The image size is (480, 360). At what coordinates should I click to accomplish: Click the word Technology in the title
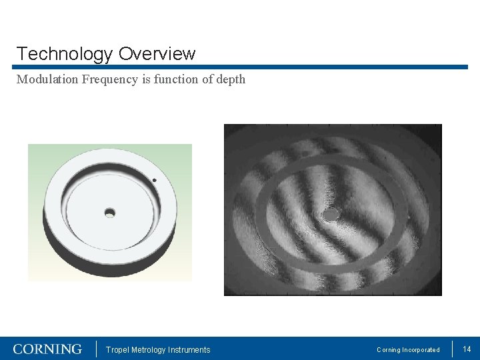tap(65, 54)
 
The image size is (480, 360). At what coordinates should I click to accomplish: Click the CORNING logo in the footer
tap(47, 349)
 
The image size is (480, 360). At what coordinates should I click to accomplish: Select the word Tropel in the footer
tap(117, 350)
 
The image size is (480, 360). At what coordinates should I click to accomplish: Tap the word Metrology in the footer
tap(150, 350)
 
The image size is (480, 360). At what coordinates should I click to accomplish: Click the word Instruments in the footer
tap(189, 350)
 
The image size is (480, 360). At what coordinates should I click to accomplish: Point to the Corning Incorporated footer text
tap(408, 350)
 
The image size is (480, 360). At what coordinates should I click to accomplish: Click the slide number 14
tap(467, 349)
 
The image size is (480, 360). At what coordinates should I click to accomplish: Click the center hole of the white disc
tap(110, 213)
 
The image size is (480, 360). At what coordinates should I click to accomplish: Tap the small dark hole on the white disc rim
tap(155, 180)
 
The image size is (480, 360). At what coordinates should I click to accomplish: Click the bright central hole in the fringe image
tap(329, 215)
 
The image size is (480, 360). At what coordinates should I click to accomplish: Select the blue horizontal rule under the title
tap(240, 67)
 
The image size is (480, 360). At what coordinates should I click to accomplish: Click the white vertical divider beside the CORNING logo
tap(97, 349)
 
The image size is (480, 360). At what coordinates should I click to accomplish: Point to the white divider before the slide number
tap(453, 349)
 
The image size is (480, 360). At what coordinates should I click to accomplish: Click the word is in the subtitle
tap(145, 79)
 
